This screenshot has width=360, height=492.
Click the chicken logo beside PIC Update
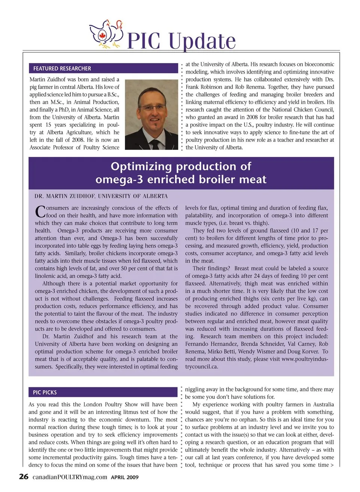pyautogui.click(x=106, y=35)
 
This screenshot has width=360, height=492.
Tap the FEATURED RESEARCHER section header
pyautogui.click(x=62, y=69)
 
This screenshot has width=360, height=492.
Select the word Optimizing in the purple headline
pyautogui.click(x=141, y=166)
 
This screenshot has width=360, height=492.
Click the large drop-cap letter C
pyautogui.click(x=40, y=212)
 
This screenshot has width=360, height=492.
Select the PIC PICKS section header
pyautogui.click(x=45, y=392)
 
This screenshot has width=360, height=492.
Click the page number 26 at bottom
pyautogui.click(x=24, y=477)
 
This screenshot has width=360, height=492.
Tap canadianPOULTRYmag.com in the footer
pyautogui.click(x=70, y=477)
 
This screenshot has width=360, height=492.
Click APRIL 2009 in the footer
pyautogui.click(x=124, y=477)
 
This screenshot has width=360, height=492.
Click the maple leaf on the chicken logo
pyautogui.click(x=102, y=36)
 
